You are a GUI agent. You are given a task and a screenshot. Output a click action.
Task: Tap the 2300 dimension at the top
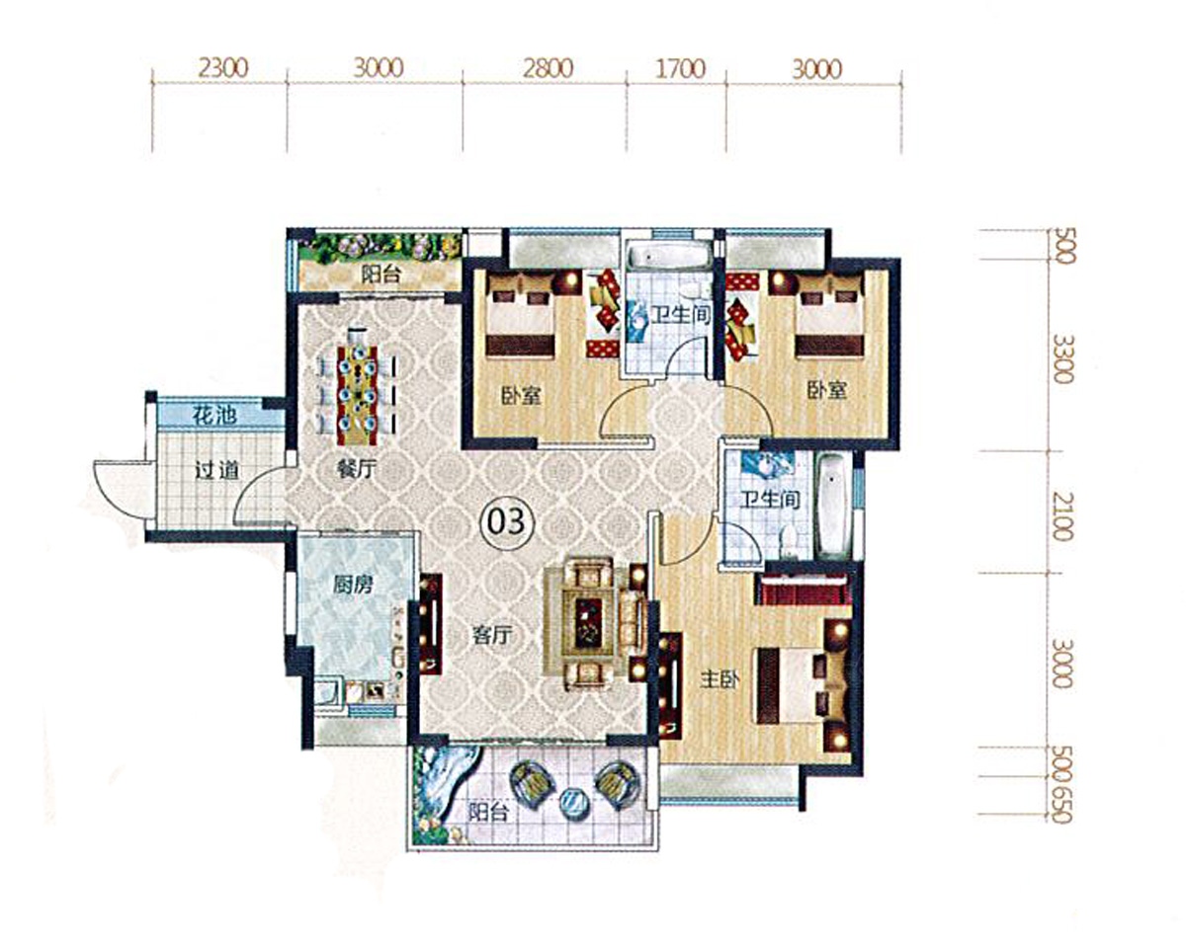223,68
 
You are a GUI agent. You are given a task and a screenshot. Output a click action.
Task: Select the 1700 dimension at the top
680,68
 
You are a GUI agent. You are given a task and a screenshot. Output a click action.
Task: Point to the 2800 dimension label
548,68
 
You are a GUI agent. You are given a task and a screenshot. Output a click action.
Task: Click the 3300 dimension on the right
1063,358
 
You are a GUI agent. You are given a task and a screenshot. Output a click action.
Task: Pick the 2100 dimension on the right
1063,517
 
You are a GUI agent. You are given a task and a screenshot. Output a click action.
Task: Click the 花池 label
214,415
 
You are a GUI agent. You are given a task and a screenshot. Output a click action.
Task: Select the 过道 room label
216,471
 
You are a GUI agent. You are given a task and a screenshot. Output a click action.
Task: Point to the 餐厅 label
356,470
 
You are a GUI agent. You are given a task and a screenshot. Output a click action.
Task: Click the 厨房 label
353,585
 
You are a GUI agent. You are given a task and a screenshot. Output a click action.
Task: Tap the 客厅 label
492,635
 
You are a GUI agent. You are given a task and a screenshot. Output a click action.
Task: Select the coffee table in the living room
589,624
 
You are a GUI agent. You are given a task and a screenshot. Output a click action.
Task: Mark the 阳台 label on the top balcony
381,274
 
